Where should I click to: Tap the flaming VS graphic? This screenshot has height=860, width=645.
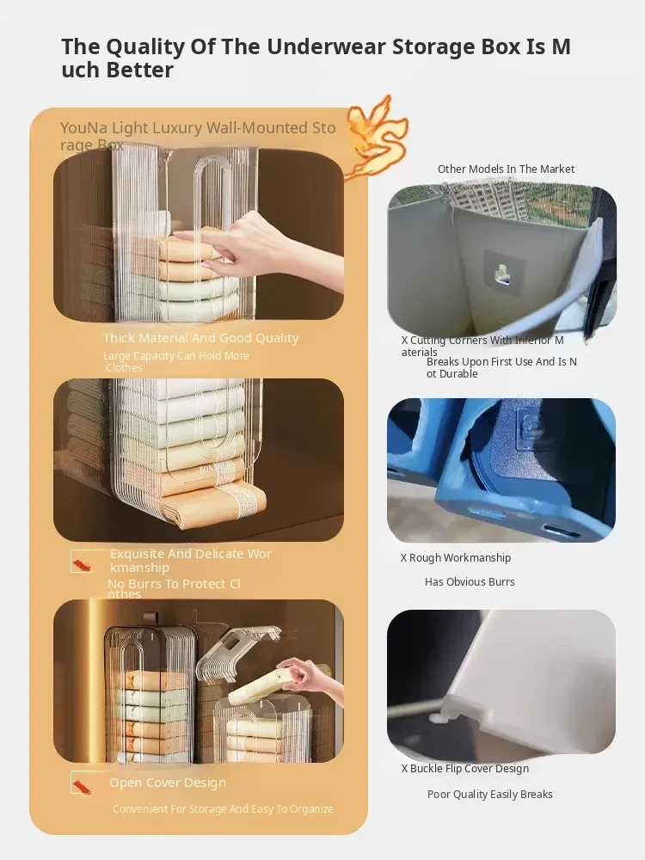[378, 137]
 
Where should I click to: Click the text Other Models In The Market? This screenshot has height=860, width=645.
[506, 169]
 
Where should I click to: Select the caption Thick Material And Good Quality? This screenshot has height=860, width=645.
[200, 338]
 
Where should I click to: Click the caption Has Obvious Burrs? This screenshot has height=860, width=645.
[470, 582]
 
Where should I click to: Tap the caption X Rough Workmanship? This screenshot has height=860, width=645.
[455, 558]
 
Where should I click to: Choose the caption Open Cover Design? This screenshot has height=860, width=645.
[168, 783]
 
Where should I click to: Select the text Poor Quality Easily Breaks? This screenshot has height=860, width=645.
[490, 794]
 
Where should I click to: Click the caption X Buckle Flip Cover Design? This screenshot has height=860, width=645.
[465, 768]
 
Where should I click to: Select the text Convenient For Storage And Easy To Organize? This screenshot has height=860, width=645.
[223, 809]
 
